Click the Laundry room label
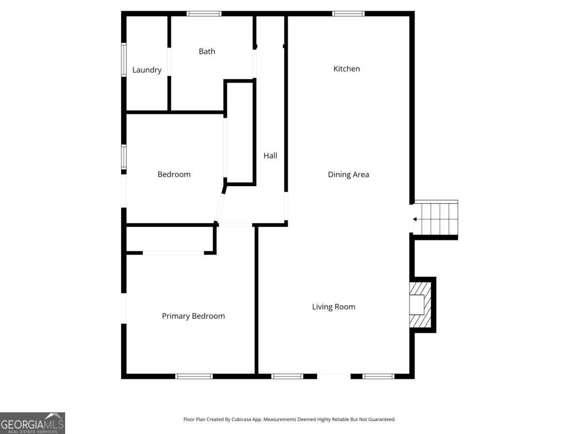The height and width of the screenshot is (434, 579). tap(147, 70)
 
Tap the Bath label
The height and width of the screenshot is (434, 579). tap(207, 52)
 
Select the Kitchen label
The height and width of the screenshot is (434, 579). tap(346, 69)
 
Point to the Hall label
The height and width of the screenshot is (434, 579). tap(270, 156)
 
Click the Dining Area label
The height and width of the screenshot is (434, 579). tap(348, 175)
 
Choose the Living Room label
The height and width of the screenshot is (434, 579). tap(333, 307)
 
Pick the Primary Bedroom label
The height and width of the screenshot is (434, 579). tap(193, 316)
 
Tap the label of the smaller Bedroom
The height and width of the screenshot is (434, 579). tap(174, 175)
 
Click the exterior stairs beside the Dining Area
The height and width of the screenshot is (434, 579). tap(436, 218)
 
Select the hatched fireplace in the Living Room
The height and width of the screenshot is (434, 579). tap(420, 305)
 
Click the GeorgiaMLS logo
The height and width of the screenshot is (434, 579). tap(32, 423)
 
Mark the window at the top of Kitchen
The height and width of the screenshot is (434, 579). tap(348, 14)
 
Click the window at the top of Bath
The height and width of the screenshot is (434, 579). tap(204, 14)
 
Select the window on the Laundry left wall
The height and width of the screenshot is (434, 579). tap(124, 60)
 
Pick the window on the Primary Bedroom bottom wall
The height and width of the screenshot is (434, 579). tap(194, 376)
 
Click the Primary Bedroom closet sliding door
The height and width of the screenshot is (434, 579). tap(173, 253)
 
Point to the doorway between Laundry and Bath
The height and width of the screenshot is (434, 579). tap(169, 62)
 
